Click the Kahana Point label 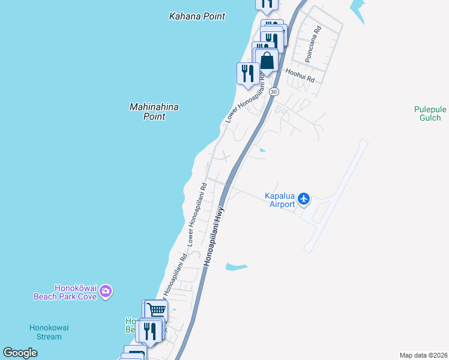(x=197, y=17)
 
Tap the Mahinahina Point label (x=154, y=112)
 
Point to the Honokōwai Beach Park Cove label (x=67, y=292)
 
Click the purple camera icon (x=106, y=292)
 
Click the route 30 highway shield (x=274, y=91)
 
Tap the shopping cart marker (x=156, y=310)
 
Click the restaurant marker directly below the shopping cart (x=149, y=331)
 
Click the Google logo (x=20, y=353)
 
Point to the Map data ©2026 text (x=423, y=355)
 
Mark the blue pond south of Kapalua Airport (x=237, y=266)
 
